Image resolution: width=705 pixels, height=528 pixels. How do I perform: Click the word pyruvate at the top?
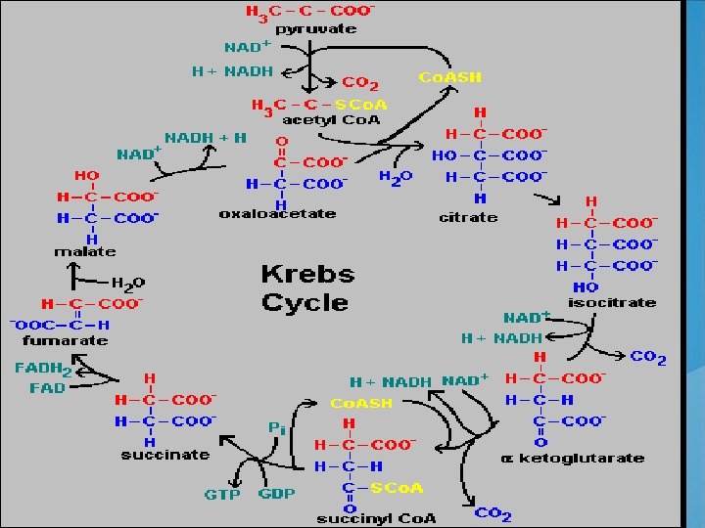[x=315, y=29]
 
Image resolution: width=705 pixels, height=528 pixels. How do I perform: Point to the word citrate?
[x=468, y=216]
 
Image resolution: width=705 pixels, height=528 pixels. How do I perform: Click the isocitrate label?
[x=612, y=302]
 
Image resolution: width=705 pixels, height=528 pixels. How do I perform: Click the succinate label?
[x=164, y=454]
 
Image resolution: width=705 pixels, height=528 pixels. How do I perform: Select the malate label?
[x=83, y=252]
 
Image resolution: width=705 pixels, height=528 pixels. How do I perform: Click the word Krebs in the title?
[x=307, y=274]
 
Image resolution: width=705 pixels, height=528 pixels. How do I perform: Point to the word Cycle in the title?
[x=305, y=302]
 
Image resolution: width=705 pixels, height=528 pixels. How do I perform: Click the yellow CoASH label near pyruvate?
[x=449, y=76]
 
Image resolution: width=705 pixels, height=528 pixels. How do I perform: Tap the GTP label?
[x=222, y=494]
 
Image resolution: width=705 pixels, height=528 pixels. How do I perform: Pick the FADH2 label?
[x=43, y=369]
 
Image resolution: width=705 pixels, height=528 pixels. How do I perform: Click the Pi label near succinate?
[x=277, y=427]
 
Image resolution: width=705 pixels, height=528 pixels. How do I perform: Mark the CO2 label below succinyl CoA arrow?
[x=493, y=513]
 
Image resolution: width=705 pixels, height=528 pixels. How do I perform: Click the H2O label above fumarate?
[x=127, y=282]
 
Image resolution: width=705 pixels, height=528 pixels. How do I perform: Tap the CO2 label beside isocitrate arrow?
[x=648, y=358]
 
